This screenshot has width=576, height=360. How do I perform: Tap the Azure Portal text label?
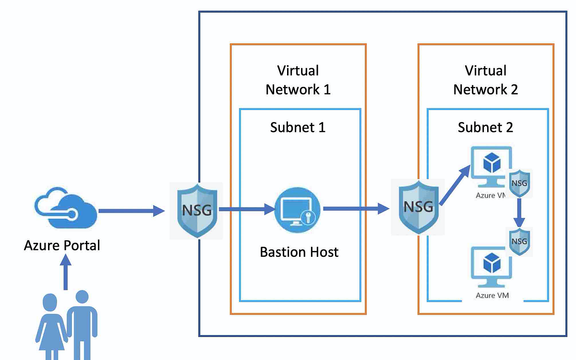point(62,246)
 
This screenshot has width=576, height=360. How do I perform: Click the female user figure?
point(51,326)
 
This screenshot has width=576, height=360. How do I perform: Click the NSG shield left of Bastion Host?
point(197,210)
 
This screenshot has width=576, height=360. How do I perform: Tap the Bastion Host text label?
point(299,252)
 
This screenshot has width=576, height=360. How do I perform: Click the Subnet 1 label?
point(298,127)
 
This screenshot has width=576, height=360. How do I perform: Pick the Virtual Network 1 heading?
point(298,80)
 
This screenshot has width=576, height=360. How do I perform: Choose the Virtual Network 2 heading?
point(486,80)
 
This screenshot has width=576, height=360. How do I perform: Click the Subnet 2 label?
point(485,127)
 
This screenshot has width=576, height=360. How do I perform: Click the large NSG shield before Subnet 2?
point(417,207)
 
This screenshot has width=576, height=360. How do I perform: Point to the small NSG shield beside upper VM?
point(520,183)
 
